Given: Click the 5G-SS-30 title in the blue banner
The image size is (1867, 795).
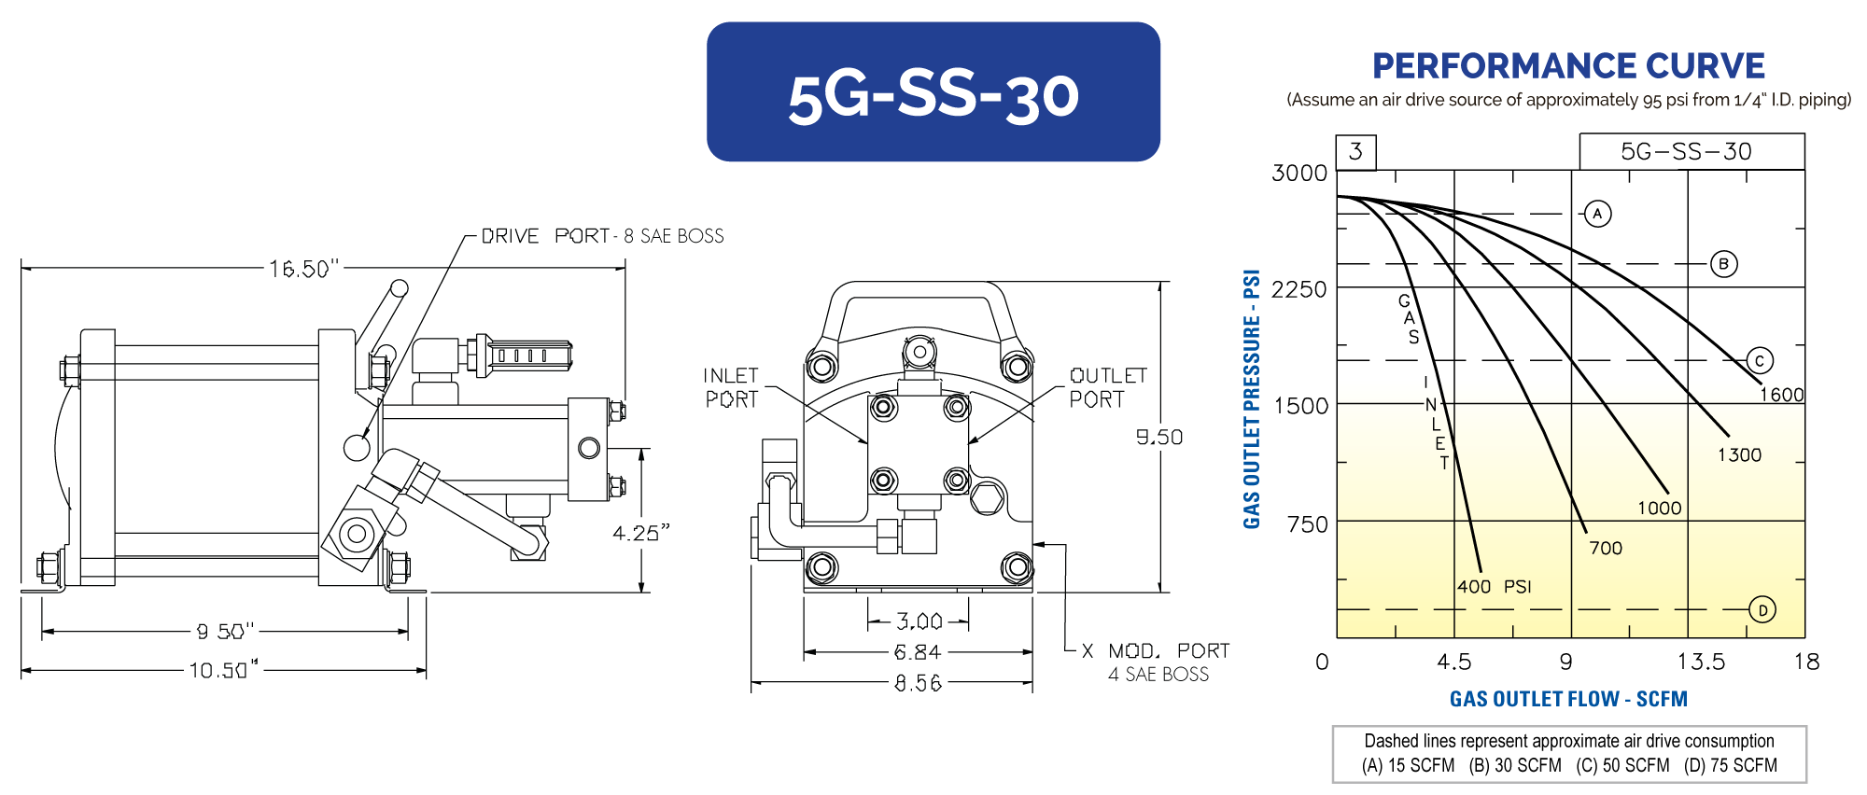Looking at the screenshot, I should pyautogui.click(x=933, y=96).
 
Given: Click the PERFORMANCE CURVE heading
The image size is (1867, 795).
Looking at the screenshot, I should pyautogui.click(x=1568, y=66).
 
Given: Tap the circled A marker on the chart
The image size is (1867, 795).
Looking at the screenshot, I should pyautogui.click(x=1597, y=214).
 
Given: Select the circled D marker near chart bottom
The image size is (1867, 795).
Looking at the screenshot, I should pyautogui.click(x=1762, y=610).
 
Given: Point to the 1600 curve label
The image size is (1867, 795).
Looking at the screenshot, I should pyautogui.click(x=1781, y=395).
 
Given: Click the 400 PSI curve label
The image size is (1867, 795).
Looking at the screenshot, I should pyautogui.click(x=1494, y=587).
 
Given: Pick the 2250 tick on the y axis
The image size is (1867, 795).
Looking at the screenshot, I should pyautogui.click(x=1298, y=289).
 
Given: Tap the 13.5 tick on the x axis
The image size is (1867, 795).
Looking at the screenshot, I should pyautogui.click(x=1700, y=662).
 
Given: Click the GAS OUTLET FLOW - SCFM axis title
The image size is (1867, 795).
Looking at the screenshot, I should pyautogui.click(x=1568, y=699).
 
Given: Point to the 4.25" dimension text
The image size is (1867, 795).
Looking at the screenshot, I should pyautogui.click(x=641, y=533).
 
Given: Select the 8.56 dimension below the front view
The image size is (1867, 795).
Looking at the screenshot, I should pyautogui.click(x=918, y=684).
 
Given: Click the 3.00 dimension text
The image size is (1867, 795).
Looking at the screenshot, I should pyautogui.click(x=919, y=621).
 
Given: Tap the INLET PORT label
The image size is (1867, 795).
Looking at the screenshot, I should pyautogui.click(x=731, y=387).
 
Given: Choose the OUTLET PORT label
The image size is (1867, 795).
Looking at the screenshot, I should pyautogui.click(x=1107, y=387).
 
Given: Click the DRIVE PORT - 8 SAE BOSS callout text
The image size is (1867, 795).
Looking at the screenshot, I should pyautogui.click(x=602, y=236).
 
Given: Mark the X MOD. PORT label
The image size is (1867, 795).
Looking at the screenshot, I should pyautogui.click(x=1156, y=651).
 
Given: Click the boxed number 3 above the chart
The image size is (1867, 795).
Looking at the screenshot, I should pyautogui.click(x=1355, y=151).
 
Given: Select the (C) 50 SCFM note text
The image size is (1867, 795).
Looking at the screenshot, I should pyautogui.click(x=1622, y=766).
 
